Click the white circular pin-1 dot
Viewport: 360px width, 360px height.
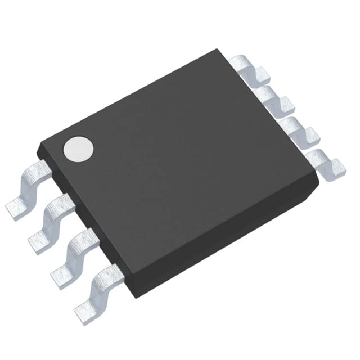point(78,148)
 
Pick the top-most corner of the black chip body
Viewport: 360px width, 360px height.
point(217,49)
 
